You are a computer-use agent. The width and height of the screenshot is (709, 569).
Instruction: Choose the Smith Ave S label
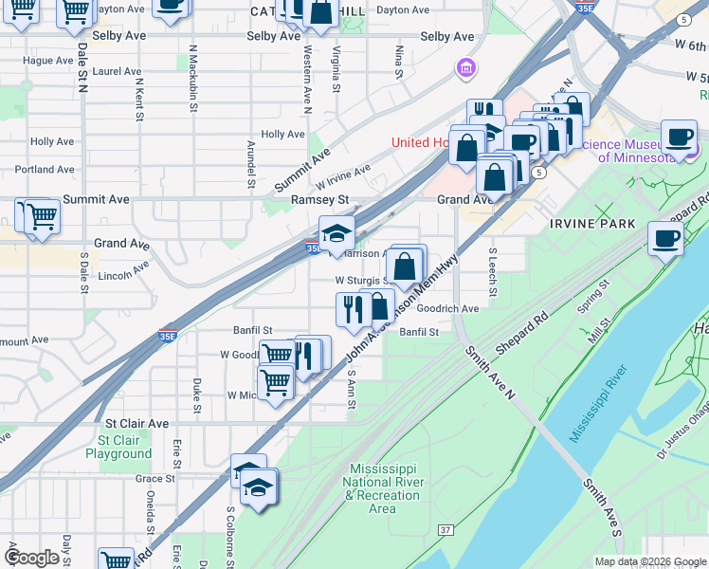coord(602,508)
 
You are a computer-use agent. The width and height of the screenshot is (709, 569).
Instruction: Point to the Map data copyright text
coord(651,560)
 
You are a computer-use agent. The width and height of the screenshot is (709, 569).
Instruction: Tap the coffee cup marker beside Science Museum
coord(679,137)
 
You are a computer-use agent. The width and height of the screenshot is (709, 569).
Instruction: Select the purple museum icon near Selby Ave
coord(464,68)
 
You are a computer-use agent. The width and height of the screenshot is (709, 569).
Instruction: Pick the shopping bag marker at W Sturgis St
coord(405,266)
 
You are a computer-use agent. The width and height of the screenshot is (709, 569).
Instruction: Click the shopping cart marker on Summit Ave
coord(40,215)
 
